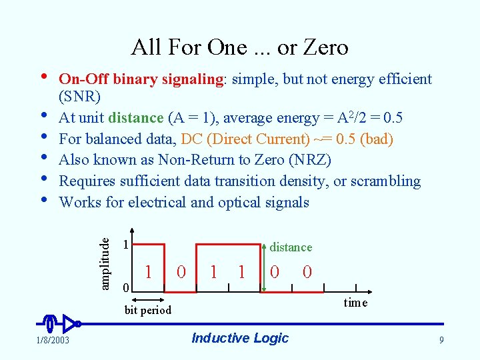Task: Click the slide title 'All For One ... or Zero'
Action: (239, 47)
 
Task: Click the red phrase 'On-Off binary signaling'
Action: (141, 79)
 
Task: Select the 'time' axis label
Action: (355, 302)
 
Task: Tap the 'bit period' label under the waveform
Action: (148, 310)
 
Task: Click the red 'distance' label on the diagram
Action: (291, 247)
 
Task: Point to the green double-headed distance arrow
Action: (259, 263)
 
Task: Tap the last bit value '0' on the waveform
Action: (307, 271)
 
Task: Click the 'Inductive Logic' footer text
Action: (240, 338)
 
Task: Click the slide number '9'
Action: (441, 341)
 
